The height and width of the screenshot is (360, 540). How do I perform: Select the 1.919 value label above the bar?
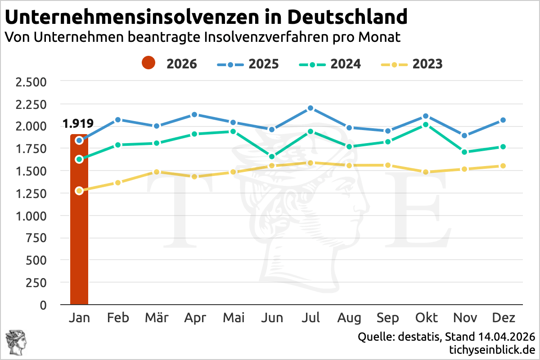[x=78, y=123]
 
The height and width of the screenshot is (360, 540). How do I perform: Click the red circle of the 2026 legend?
[x=148, y=63]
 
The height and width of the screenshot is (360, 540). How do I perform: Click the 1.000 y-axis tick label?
[x=31, y=216]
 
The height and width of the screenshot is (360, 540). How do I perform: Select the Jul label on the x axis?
[x=310, y=318]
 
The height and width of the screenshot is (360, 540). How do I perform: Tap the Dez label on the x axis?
[x=504, y=318]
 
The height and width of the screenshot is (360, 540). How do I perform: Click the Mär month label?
[x=157, y=318]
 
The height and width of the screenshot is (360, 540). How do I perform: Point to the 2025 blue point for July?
[x=310, y=108]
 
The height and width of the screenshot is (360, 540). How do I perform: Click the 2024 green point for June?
[x=272, y=157]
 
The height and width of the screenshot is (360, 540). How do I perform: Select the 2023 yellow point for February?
[x=118, y=183]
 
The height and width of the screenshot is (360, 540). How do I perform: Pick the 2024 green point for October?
[x=426, y=125]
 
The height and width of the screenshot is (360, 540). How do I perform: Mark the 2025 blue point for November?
[x=465, y=135]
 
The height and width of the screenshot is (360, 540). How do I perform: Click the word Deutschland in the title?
[x=346, y=17]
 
